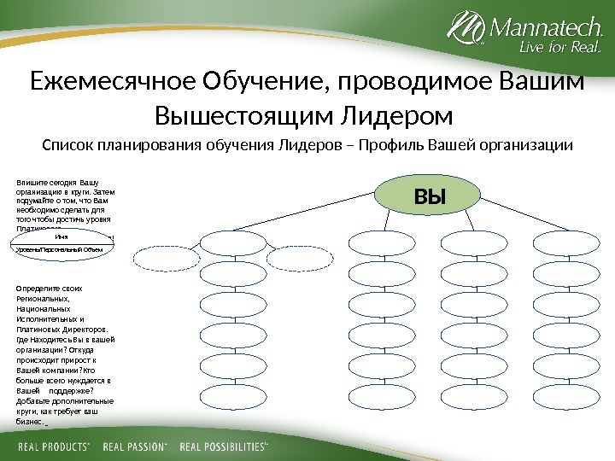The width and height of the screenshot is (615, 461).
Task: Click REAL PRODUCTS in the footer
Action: (54, 446)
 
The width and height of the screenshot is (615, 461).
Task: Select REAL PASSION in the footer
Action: (137, 446)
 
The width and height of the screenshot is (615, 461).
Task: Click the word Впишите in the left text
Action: (30, 182)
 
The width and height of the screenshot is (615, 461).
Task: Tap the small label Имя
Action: (61, 238)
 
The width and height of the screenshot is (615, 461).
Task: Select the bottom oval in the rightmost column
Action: (559, 395)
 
